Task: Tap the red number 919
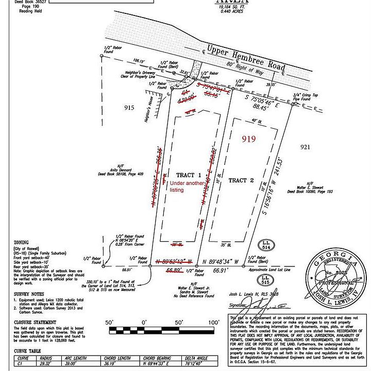coord(249,139)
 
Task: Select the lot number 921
coord(306,147)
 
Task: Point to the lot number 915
coord(129,108)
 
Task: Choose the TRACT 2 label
coord(241,180)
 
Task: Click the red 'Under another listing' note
coord(184,186)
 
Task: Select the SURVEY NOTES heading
coord(27,295)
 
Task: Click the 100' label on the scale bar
coord(214,323)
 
